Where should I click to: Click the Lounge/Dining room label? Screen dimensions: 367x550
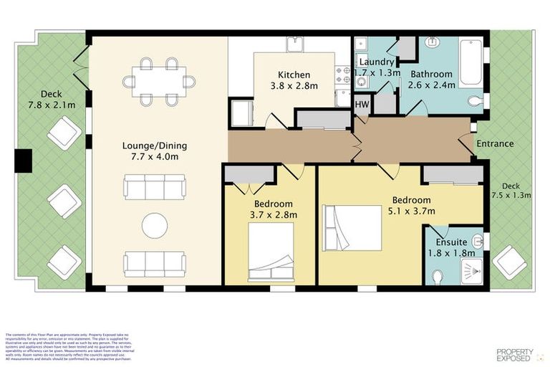[x=150, y=151]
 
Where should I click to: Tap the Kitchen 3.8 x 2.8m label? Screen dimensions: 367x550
[x=294, y=80]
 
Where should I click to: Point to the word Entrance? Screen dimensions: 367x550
[x=495, y=143]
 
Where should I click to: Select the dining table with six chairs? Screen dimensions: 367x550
[x=158, y=81]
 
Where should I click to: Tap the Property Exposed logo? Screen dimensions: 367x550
[x=515, y=354]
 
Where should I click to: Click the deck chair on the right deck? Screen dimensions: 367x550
[x=510, y=262]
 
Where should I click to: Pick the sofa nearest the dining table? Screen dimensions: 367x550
[x=155, y=188]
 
